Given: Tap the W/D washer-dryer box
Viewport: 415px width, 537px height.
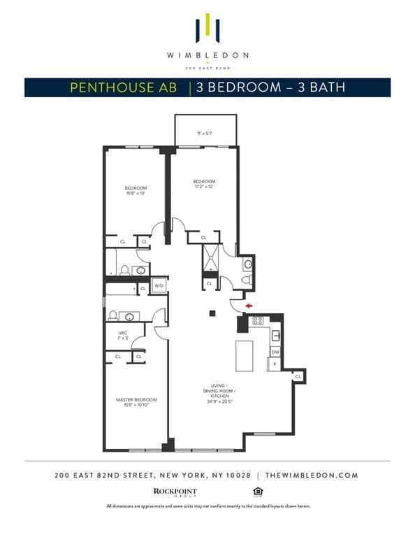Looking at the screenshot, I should pos(159,286).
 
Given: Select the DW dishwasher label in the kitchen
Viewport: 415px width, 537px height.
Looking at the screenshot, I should pos(275,352).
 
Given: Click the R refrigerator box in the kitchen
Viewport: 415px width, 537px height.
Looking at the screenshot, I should pos(275,364).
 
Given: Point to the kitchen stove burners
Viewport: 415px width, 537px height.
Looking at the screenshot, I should pos(257,321).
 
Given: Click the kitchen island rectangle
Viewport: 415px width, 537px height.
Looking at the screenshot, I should pos(245,355).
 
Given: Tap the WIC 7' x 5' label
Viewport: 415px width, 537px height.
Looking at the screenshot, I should pos(123,335).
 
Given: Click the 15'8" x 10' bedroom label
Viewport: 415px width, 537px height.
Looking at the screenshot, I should pos(136,190).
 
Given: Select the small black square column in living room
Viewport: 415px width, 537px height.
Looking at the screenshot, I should pos(213,313).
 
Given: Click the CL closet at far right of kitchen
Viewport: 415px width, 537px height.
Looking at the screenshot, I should pos(298,376).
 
